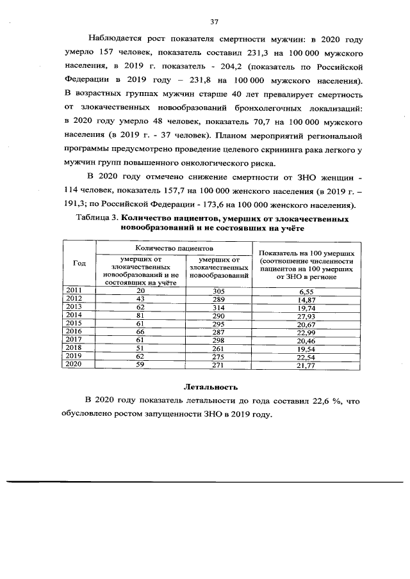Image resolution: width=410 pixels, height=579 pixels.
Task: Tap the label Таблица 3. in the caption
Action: click(x=95, y=219)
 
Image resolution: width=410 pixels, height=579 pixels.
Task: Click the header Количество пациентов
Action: click(x=174, y=247)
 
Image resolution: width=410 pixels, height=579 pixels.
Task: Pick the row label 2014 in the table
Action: click(x=74, y=315)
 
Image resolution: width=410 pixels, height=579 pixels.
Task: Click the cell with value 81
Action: click(x=140, y=315)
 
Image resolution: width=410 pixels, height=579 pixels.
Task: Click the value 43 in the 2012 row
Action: click(x=140, y=299)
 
